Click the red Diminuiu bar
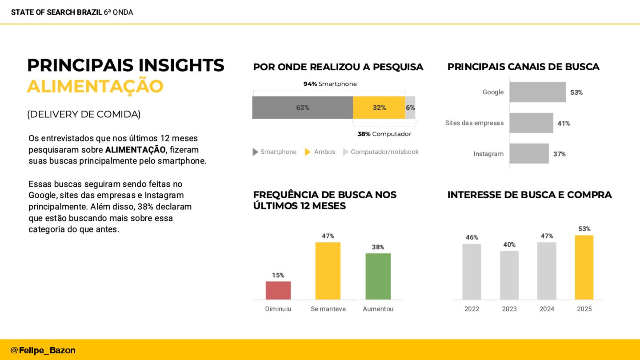pos(278,290)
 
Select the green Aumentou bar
pos(378,276)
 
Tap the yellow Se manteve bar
pos(328,271)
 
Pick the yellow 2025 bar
pos(584,267)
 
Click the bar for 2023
pos(509,275)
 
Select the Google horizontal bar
pos(537,92)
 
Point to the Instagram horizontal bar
pos(529,154)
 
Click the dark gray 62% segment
pos(303,108)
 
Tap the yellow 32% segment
pos(379,108)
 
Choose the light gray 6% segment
pos(410,108)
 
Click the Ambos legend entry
pos(320,152)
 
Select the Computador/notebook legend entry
pos(381,152)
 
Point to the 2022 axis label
pos(472,309)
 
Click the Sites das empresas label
pos(474,123)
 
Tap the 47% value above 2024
pos(547,236)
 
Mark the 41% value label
pos(564,124)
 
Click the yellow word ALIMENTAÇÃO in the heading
pos(95,86)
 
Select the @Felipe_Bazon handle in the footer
pos(43,350)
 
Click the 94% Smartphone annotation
pos(330,84)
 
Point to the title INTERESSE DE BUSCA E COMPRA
pos(529,195)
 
